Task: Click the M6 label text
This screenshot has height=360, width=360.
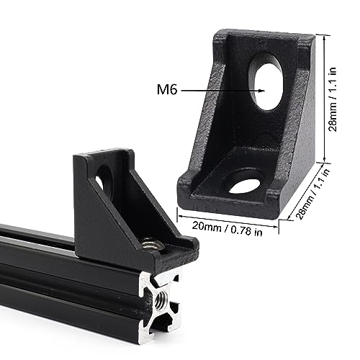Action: point(166,91)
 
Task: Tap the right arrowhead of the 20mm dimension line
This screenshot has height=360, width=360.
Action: point(278,218)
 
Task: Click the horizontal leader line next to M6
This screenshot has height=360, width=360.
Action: point(216,91)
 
